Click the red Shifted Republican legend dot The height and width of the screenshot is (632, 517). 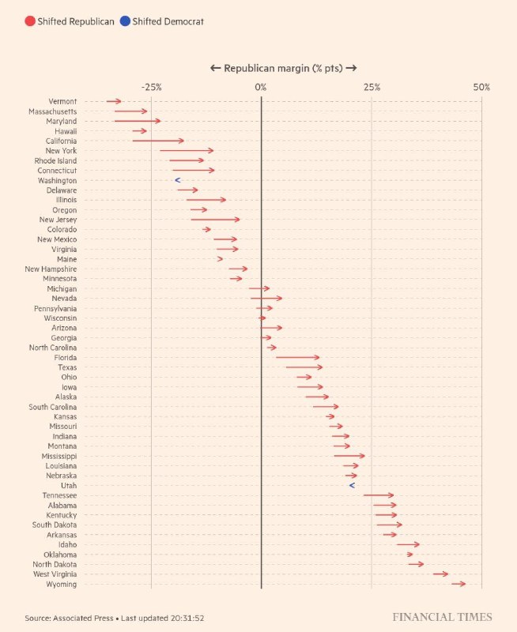[x=29, y=21]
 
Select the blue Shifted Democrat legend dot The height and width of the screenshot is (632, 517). [x=125, y=21]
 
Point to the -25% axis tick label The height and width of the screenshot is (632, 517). [x=151, y=87]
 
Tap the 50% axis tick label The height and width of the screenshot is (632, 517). [x=481, y=87]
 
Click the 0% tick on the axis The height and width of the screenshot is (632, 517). [x=261, y=87]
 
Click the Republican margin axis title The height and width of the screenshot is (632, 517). [x=283, y=69]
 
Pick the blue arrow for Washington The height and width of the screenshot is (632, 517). [x=178, y=181]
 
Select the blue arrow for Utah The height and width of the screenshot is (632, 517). [x=353, y=486]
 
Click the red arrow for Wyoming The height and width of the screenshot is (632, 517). [x=459, y=584]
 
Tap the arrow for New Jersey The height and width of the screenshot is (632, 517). [x=215, y=220]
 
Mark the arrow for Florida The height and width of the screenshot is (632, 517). [x=297, y=358]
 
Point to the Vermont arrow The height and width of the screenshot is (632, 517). [x=114, y=101]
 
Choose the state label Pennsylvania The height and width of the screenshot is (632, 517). [x=55, y=308]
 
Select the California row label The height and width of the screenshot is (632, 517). [x=58, y=141]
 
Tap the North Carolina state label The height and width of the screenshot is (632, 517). [x=53, y=348]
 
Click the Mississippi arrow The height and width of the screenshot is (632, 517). [x=349, y=456]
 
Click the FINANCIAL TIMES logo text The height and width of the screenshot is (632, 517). [x=442, y=617]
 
